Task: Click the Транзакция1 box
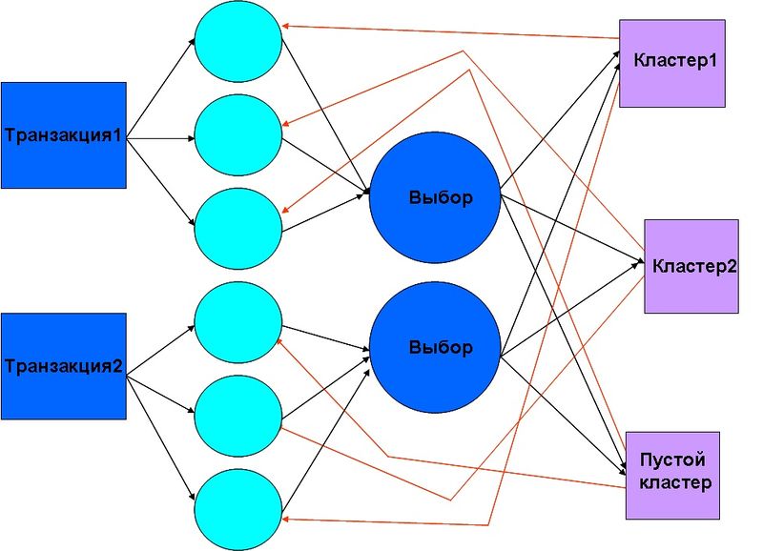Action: (x=64, y=135)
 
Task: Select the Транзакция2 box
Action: (x=64, y=366)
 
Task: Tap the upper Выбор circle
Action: (x=435, y=198)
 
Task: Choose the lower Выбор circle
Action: (x=435, y=347)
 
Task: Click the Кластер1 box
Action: (x=672, y=63)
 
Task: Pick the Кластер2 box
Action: (x=691, y=266)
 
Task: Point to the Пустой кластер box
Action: (x=672, y=475)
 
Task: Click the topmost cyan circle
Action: (x=238, y=41)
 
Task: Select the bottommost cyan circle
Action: (x=238, y=510)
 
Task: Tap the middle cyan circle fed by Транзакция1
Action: (x=238, y=134)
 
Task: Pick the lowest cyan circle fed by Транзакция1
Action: (x=238, y=229)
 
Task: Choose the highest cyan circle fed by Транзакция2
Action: (x=238, y=322)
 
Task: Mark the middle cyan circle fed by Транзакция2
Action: (x=238, y=416)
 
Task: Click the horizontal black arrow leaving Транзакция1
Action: (x=160, y=138)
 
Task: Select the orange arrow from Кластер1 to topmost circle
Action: (x=450, y=31)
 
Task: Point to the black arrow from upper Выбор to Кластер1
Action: (x=560, y=118)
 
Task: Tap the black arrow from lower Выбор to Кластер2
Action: (x=570, y=308)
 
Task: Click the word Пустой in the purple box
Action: (x=672, y=459)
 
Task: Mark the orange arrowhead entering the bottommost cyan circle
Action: (x=286, y=520)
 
